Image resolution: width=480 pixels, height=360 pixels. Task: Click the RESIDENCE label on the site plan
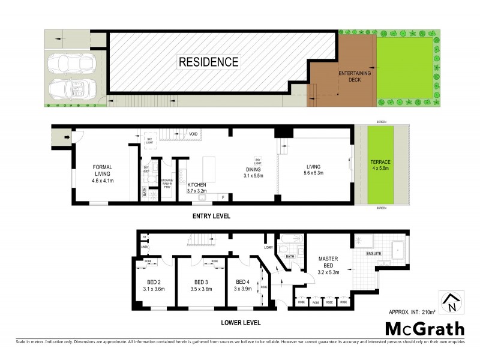[x=208, y=62]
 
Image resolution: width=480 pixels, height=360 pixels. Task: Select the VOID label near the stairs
[x=193, y=134]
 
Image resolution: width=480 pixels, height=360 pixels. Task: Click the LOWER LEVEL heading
[x=240, y=322]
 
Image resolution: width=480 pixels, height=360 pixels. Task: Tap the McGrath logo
[x=424, y=328]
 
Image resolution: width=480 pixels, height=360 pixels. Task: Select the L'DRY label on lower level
[x=268, y=248]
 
